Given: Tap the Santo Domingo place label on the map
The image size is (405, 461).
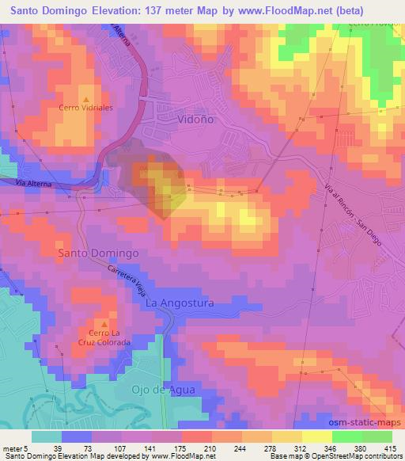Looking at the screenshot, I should [99, 253].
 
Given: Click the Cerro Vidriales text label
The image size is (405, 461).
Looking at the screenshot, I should [86, 107].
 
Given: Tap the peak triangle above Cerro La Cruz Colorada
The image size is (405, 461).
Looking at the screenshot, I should [104, 324].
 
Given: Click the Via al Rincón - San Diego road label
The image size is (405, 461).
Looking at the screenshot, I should [352, 212].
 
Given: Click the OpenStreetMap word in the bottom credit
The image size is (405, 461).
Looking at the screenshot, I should [327, 456].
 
